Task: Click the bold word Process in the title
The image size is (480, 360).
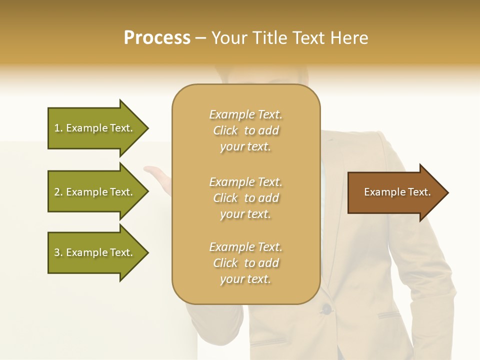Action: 157,38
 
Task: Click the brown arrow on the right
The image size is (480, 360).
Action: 395,192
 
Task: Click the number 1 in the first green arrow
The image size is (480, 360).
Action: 57,128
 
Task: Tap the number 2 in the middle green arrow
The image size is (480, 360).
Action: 57,192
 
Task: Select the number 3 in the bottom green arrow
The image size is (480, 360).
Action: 57,252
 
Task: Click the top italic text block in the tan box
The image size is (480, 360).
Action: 245,130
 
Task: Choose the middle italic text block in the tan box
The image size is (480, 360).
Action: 245,198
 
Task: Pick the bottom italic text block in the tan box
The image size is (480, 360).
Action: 245,263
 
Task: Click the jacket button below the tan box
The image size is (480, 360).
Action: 326,309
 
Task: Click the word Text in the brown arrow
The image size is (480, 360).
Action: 419,192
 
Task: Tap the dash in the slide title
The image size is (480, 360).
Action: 200,38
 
